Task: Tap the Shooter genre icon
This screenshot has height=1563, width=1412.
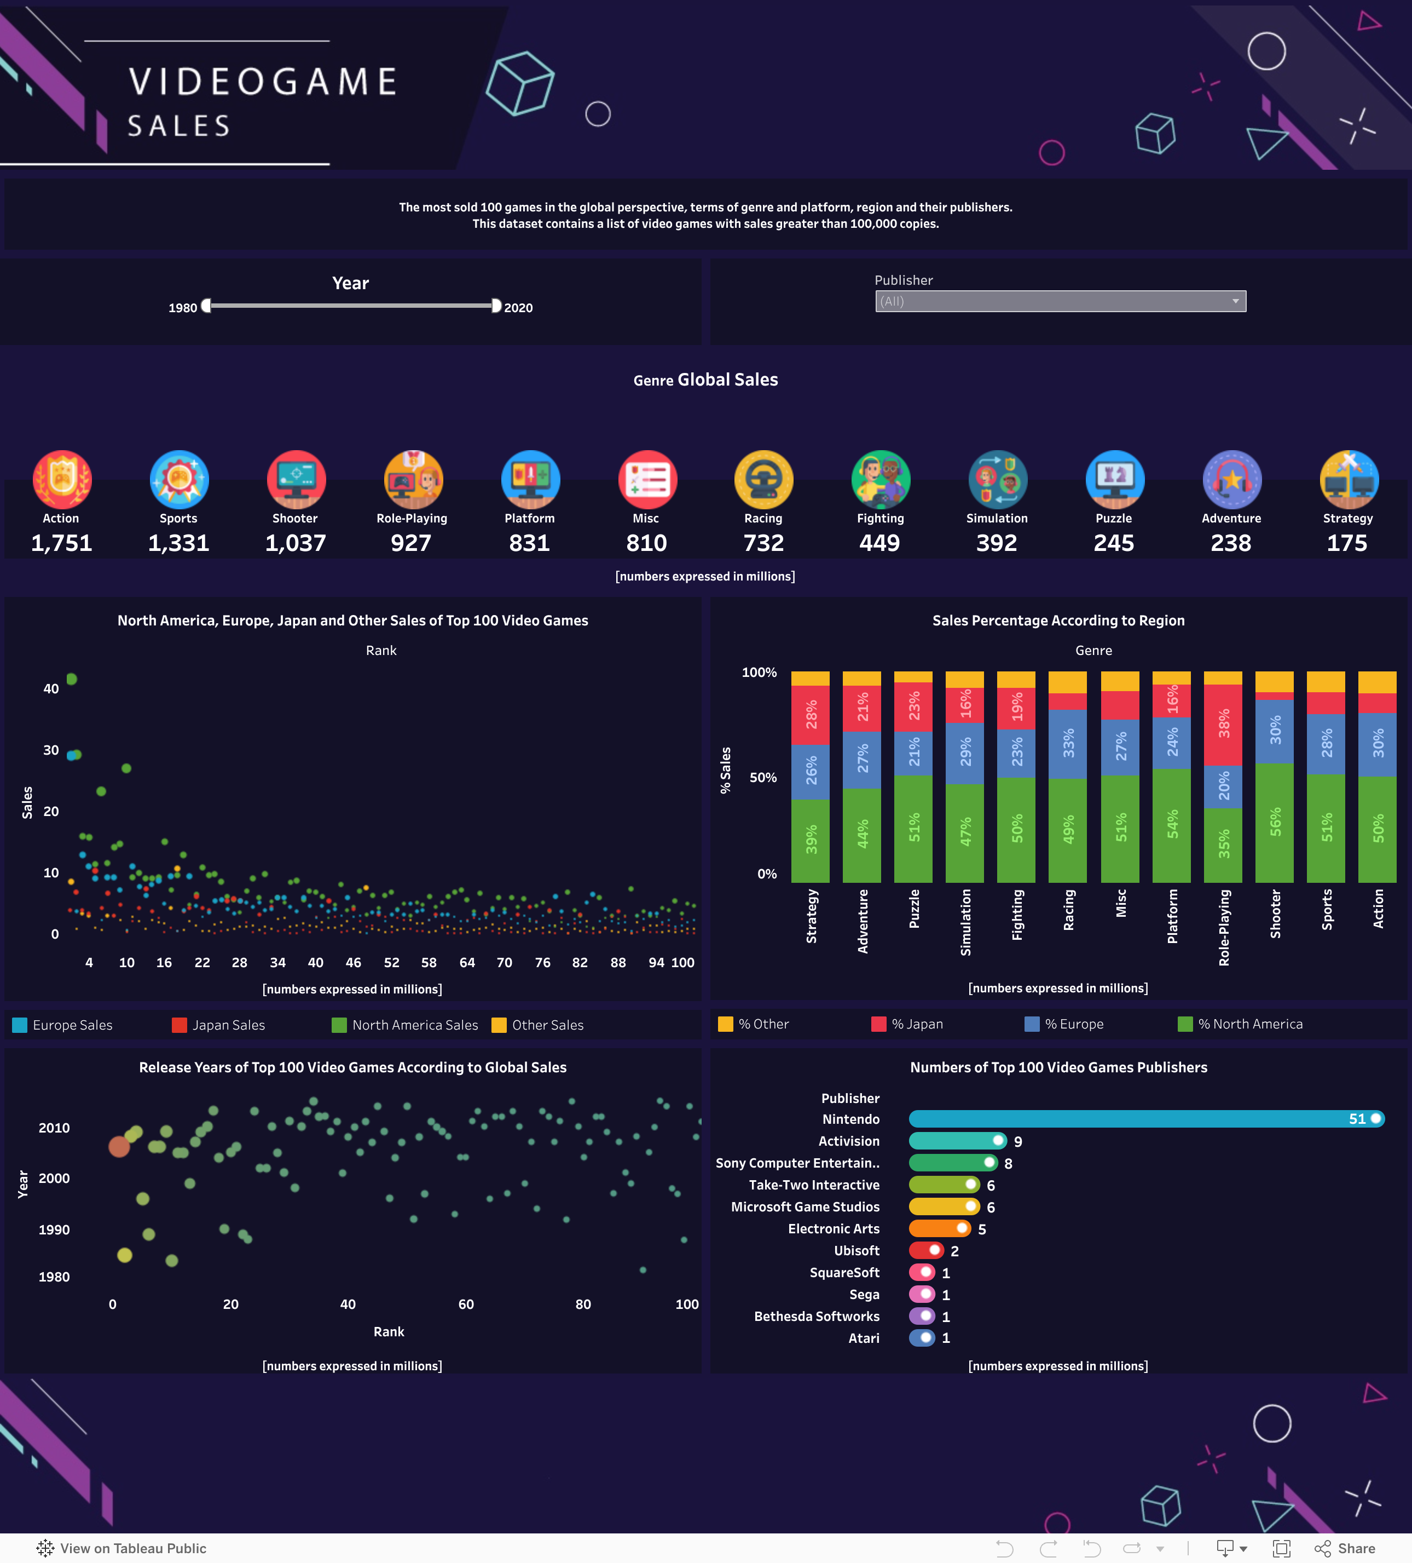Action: pyautogui.click(x=296, y=479)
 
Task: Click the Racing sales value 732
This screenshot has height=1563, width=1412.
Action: pyautogui.click(x=763, y=543)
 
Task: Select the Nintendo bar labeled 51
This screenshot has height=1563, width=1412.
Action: pyautogui.click(x=1145, y=1119)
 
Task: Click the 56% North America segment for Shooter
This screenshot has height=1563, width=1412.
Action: pyautogui.click(x=1274, y=822)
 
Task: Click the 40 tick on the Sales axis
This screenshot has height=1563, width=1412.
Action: pyautogui.click(x=51, y=688)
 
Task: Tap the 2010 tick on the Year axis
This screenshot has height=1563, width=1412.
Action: pyautogui.click(x=54, y=1128)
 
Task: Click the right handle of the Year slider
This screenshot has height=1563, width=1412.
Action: pyautogui.click(x=496, y=306)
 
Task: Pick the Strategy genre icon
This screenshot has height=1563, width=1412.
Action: pyautogui.click(x=1349, y=479)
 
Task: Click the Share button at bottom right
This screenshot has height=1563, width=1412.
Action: pyautogui.click(x=1346, y=1548)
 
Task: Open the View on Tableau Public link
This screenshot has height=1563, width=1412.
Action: pyautogui.click(x=123, y=1548)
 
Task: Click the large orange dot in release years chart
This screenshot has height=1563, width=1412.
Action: pyautogui.click(x=119, y=1146)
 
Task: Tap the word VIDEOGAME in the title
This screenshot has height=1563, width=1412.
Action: pyautogui.click(x=263, y=82)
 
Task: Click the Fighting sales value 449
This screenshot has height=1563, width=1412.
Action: pyautogui.click(x=879, y=543)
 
